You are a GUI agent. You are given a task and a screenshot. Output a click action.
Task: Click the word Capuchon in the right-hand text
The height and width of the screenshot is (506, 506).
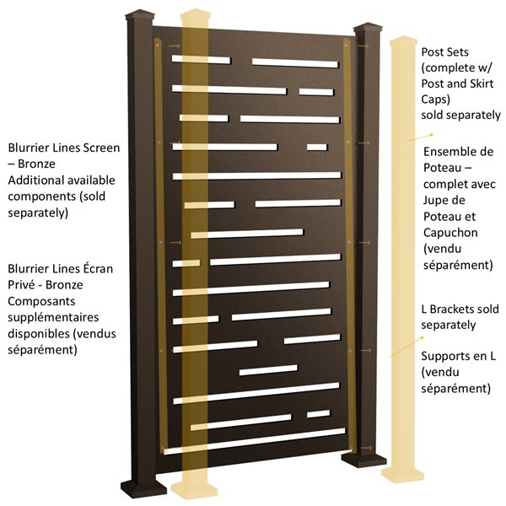(x=452, y=233)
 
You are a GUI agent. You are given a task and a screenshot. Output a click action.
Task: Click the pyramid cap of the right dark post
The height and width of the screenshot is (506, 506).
(x=369, y=30)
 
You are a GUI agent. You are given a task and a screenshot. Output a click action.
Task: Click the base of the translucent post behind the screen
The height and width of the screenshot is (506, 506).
(x=193, y=486)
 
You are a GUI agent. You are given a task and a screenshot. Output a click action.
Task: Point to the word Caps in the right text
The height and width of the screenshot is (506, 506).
(x=436, y=100)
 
